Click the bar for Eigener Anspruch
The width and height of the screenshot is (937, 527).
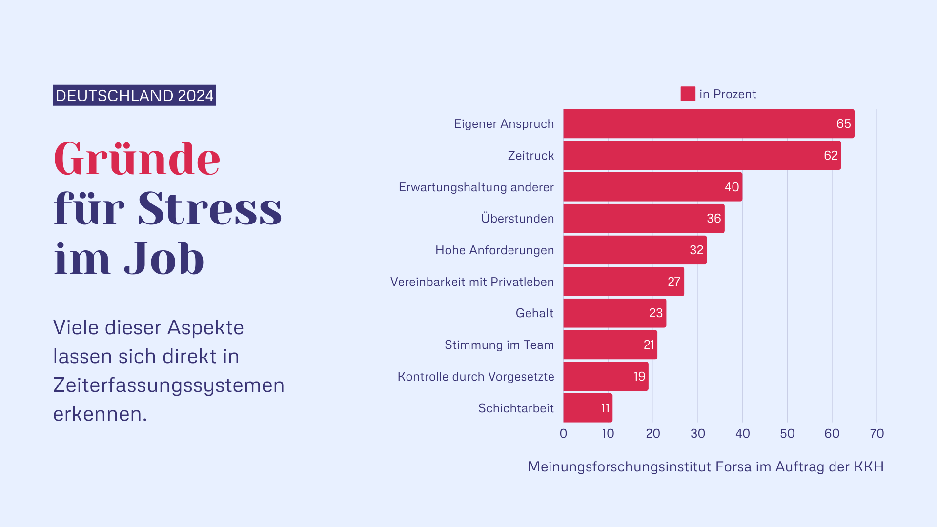click(709, 123)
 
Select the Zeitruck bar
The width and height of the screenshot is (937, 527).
click(702, 155)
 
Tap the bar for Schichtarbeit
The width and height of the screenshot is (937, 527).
click(588, 408)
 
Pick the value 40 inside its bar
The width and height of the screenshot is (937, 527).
click(732, 187)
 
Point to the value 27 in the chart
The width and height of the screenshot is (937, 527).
click(674, 282)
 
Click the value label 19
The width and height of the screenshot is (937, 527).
click(639, 376)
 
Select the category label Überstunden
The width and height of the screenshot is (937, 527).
click(517, 218)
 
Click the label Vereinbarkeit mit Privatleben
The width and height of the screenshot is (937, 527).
click(472, 282)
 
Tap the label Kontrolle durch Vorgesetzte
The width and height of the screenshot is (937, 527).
click(476, 376)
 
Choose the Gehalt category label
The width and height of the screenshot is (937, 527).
click(534, 313)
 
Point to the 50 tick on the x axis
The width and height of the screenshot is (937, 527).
click(787, 433)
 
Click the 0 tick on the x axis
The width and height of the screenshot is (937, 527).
click(563, 433)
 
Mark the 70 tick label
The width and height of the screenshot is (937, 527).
click(876, 433)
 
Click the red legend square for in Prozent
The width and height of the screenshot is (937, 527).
click(688, 94)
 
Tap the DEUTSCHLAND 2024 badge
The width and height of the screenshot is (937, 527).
click(134, 95)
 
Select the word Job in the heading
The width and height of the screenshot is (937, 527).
click(163, 259)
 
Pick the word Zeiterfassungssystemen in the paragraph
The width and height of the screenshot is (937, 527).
click(168, 385)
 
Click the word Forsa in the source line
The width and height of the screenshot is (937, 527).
click(733, 466)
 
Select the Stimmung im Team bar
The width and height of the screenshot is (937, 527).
click(610, 345)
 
